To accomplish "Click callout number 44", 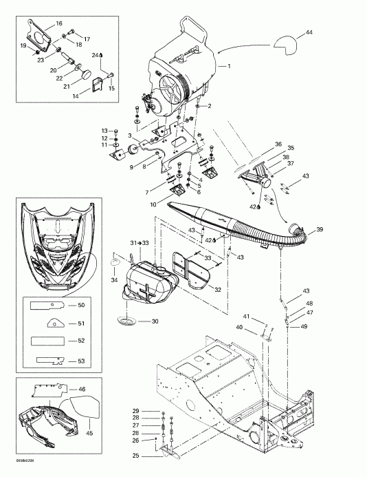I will click(309, 33).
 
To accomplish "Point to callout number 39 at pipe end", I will click(320, 229).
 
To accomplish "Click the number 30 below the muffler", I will click(155, 321).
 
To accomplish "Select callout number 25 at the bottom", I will click(135, 456).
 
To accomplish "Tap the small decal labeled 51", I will click(52, 321).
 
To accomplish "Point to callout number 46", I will click(82, 389).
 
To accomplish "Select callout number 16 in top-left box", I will click(68, 23).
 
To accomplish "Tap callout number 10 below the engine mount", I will click(153, 204).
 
